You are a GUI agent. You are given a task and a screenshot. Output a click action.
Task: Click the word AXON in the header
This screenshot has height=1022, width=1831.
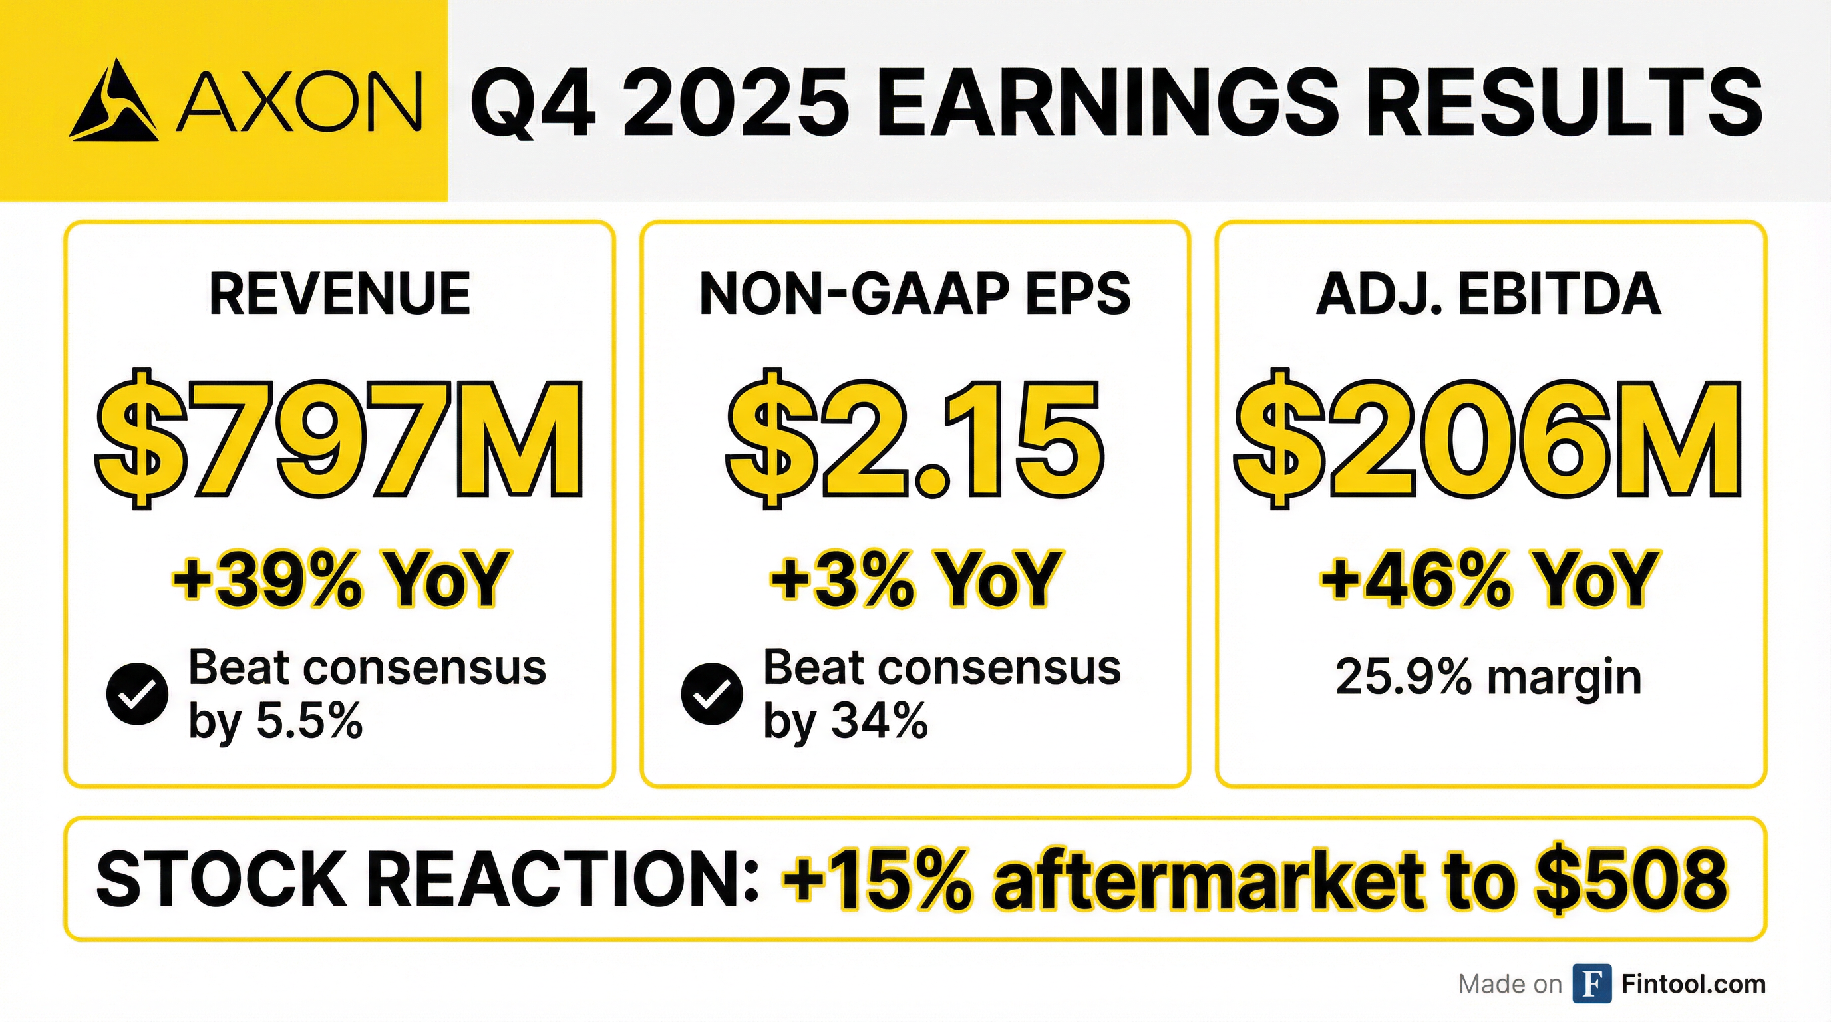(x=298, y=102)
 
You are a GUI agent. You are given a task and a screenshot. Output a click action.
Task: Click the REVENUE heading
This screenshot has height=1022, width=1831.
(x=340, y=293)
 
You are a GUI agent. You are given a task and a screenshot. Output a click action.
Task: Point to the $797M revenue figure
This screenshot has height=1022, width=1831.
(x=339, y=438)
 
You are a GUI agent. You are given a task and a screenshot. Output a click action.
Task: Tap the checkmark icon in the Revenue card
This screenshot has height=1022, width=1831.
(x=137, y=695)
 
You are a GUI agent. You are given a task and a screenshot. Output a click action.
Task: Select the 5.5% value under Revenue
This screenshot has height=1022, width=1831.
(x=309, y=722)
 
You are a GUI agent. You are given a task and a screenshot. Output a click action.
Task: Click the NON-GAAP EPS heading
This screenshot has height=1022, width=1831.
(x=915, y=293)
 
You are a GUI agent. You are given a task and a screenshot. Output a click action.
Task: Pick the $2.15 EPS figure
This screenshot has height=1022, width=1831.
(x=915, y=438)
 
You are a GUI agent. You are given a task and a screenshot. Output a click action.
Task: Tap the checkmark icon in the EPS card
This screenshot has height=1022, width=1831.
(x=712, y=695)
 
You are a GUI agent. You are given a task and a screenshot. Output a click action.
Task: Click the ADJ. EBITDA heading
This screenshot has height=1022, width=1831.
(x=1488, y=293)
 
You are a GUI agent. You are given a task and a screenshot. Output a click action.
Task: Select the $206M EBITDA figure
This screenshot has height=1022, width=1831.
(x=1489, y=438)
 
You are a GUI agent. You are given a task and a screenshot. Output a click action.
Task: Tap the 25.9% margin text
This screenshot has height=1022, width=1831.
(x=1489, y=677)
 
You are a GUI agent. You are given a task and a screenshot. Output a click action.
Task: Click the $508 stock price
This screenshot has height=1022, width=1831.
(x=1631, y=879)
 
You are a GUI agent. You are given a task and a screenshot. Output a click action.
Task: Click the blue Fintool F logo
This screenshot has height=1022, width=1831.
(x=1592, y=983)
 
